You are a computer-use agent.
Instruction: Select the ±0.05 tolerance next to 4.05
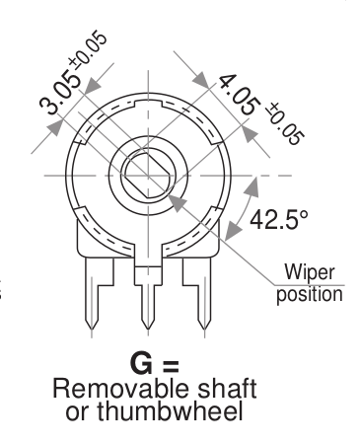click(x=285, y=123)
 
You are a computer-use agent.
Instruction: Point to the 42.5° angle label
click(x=279, y=219)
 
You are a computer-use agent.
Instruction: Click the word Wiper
click(x=310, y=273)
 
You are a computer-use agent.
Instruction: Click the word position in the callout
click(x=310, y=294)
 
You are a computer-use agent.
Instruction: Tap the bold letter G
click(x=141, y=363)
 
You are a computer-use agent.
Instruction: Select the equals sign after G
click(x=171, y=365)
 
